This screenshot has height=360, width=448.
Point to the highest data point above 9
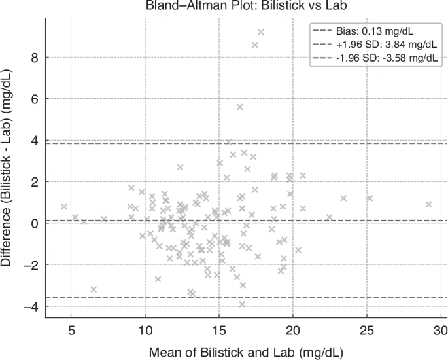(x=260, y=32)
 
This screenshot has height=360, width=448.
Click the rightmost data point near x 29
(x=429, y=204)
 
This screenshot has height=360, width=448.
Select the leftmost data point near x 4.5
(x=64, y=206)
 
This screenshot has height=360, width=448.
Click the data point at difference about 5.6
(x=240, y=107)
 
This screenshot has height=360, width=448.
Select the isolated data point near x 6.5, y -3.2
(x=94, y=289)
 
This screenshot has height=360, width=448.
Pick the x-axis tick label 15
(x=219, y=328)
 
